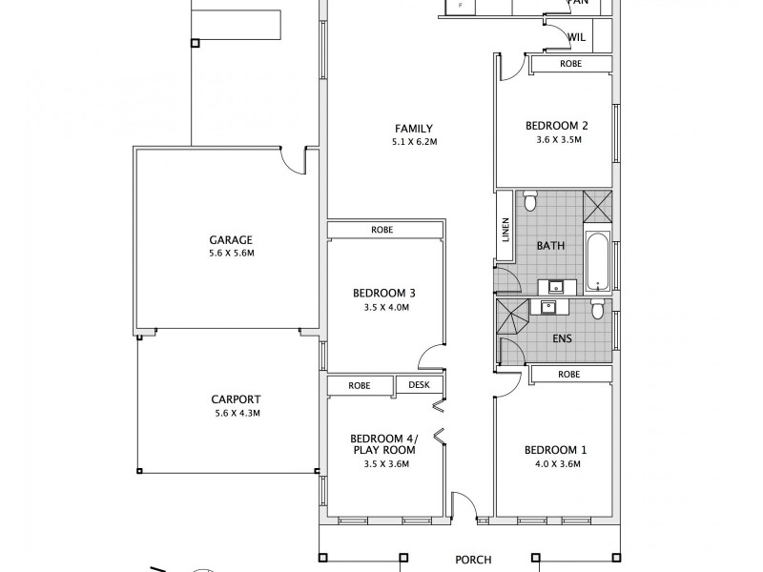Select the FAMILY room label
[x=415, y=129]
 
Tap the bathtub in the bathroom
[x=597, y=258]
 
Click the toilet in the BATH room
[x=531, y=202]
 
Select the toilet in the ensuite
[x=597, y=309]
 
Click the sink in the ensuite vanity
[x=549, y=306]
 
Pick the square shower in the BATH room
[x=597, y=205]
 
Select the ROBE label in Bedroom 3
[x=383, y=230]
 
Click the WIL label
[x=576, y=38]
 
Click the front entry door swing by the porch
[x=463, y=507]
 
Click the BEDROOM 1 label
[x=553, y=450]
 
